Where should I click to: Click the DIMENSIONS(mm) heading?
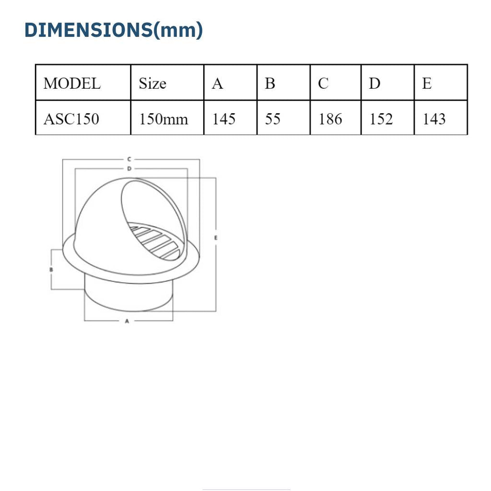(114, 30)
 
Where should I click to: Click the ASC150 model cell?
(71, 119)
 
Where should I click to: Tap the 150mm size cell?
(164, 119)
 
